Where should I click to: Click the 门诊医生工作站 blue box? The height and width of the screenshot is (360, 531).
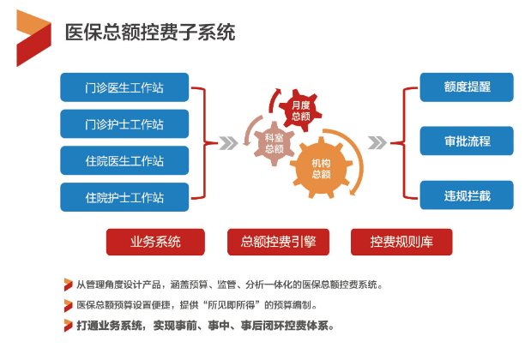click(124, 87)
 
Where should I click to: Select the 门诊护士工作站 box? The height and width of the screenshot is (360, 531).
click(124, 123)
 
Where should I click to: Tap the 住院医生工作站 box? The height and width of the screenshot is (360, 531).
click(124, 160)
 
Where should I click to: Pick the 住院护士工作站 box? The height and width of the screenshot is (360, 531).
click(124, 197)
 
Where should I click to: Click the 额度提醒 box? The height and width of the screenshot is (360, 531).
click(467, 87)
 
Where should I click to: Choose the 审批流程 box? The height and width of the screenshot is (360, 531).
click(467, 141)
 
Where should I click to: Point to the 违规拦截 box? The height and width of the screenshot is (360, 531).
click(467, 195)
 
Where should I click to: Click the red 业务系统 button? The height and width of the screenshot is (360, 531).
click(155, 242)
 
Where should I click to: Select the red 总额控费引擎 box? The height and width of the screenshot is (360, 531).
click(278, 242)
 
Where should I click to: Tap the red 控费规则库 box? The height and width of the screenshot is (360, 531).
click(401, 242)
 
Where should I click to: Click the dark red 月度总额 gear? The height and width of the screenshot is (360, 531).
click(300, 111)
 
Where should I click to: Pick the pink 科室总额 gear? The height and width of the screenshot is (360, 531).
click(274, 143)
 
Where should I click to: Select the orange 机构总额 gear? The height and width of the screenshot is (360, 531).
click(321, 168)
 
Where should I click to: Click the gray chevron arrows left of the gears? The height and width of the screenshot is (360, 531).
click(228, 143)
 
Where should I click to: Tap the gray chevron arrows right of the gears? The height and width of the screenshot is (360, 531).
click(377, 142)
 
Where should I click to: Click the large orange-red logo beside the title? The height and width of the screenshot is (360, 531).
click(33, 38)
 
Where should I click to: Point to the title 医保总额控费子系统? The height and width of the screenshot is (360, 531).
click(150, 33)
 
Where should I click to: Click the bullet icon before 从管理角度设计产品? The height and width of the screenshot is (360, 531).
click(68, 285)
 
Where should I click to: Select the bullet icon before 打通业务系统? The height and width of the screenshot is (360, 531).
click(68, 326)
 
